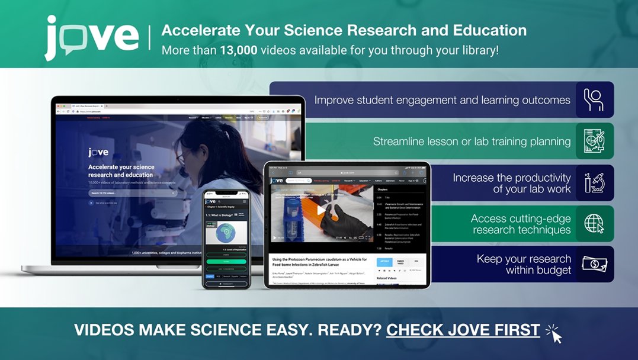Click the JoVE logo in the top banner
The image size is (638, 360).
click(92, 37)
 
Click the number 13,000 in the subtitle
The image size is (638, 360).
click(238, 50)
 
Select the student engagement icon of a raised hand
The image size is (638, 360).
click(594, 99)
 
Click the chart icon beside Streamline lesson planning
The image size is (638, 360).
click(594, 141)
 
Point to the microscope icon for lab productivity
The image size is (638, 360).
click(594, 183)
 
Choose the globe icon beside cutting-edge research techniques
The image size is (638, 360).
click(594, 224)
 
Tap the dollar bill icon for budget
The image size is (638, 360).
click(594, 264)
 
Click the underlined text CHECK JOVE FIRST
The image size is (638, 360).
click(463, 330)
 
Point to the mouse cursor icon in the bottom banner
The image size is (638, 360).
click(554, 334)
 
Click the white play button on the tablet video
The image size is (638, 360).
click(321, 210)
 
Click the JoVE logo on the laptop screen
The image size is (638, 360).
click(98, 152)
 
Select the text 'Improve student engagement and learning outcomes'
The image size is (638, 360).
click(442, 100)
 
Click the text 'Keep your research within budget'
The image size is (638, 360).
click(524, 264)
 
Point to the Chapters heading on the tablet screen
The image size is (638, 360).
click(382, 189)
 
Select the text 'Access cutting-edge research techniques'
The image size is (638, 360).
click(521, 224)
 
